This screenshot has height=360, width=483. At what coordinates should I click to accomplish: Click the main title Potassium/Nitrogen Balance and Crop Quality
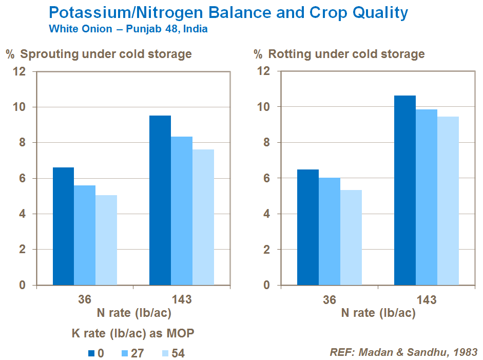tap(228, 12)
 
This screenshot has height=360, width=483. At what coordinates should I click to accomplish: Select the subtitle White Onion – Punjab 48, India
tap(128, 29)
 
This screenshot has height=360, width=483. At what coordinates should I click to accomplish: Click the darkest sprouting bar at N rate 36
tap(63, 226)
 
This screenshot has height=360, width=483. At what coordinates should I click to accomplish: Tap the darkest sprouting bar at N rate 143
tap(160, 200)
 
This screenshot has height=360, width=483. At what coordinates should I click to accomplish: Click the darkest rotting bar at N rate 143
tap(405, 190)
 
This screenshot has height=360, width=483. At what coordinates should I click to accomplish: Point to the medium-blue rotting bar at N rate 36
tap(330, 231)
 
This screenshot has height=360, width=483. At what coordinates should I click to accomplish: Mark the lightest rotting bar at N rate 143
tap(448, 201)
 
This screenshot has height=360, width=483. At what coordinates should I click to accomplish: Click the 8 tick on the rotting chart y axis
tap(265, 143)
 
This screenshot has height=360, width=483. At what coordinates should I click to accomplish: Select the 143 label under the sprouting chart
tap(182, 299)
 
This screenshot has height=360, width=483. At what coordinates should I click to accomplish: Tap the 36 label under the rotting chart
tap(330, 299)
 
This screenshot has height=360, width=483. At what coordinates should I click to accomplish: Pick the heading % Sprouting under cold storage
tap(99, 54)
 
